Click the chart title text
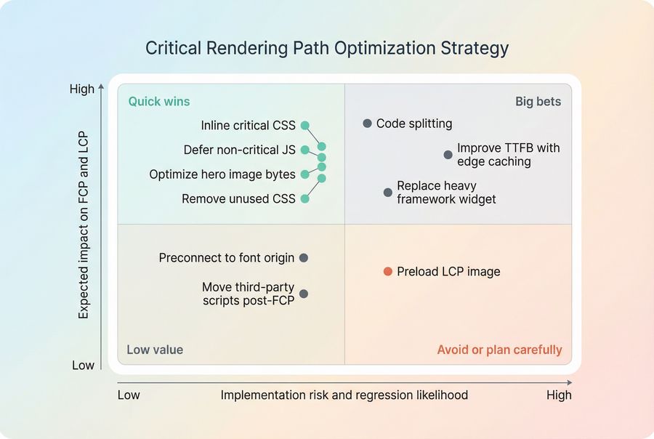pyautogui.click(x=327, y=49)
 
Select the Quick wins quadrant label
pyautogui.click(x=158, y=102)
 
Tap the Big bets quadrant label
pyautogui.click(x=538, y=102)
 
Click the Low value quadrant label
pyautogui.click(x=155, y=350)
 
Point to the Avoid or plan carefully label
pyautogui.click(x=499, y=350)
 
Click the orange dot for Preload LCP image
pyautogui.click(x=388, y=272)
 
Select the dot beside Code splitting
pyautogui.click(x=368, y=124)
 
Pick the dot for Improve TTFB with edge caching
pyautogui.click(x=448, y=155)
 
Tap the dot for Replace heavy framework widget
pyautogui.click(x=388, y=193)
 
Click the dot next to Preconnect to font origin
pyautogui.click(x=304, y=258)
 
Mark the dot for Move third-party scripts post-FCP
pyautogui.click(x=304, y=294)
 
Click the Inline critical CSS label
pyautogui.click(x=248, y=126)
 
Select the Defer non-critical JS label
pyautogui.click(x=239, y=150)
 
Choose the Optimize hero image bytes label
pyautogui.click(x=222, y=174)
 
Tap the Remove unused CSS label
pyautogui.click(x=238, y=199)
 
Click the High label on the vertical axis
pyautogui.click(x=82, y=89)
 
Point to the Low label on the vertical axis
pyautogui.click(x=83, y=365)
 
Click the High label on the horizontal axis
pyautogui.click(x=559, y=395)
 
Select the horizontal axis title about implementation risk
pyautogui.click(x=344, y=395)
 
